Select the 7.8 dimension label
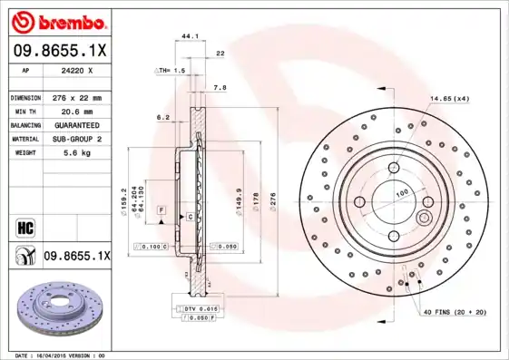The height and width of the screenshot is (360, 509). pos(219,88)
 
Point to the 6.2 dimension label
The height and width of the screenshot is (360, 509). pos(163,117)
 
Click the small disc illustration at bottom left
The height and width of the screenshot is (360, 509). pos(57,309)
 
